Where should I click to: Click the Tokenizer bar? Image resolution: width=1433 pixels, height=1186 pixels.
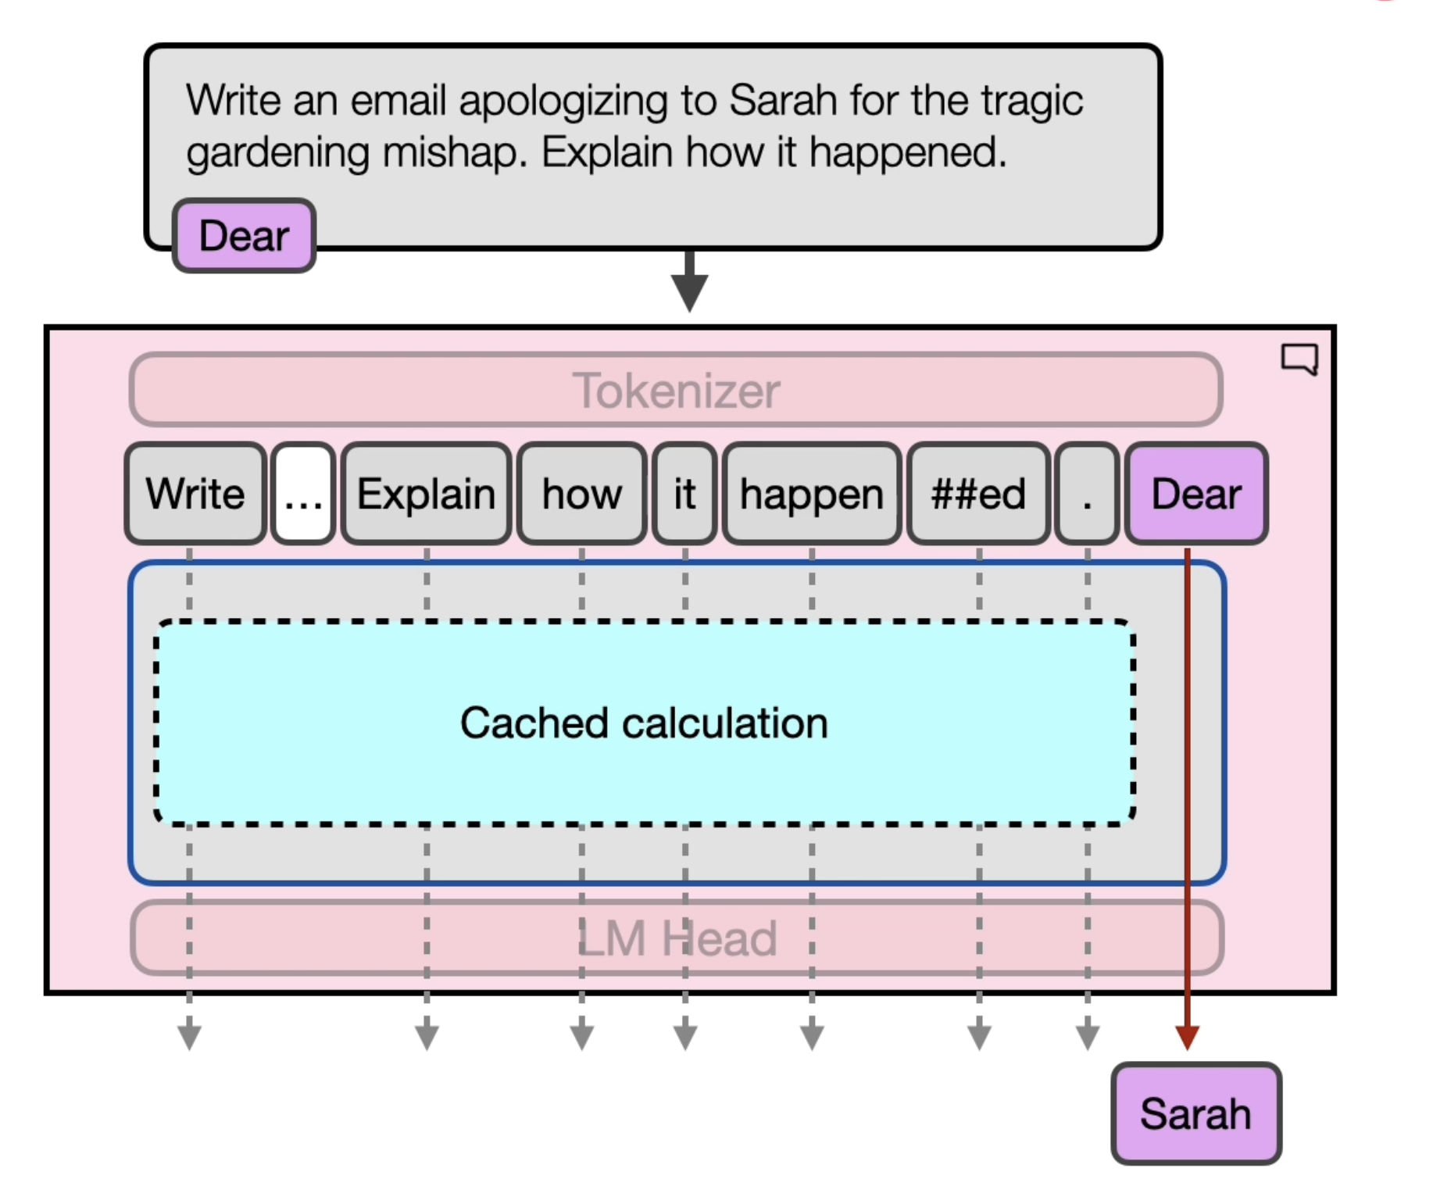[676, 389]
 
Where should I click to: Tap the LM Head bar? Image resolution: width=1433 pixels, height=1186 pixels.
[676, 938]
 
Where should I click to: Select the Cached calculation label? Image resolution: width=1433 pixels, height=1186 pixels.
[644, 723]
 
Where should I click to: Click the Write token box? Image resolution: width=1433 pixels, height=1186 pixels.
[195, 493]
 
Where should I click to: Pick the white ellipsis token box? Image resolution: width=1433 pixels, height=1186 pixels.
[303, 493]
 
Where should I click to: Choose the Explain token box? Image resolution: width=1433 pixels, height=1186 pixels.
[427, 493]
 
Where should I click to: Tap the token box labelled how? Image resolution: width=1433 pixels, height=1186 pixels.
[582, 493]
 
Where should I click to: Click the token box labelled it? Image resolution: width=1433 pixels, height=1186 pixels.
[684, 493]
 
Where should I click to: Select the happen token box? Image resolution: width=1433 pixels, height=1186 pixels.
[812, 493]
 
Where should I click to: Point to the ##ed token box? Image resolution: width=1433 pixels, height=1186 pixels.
[978, 493]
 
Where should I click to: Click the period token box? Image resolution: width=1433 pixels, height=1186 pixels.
[1087, 493]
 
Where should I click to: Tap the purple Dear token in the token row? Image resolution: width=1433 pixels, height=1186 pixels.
[1196, 493]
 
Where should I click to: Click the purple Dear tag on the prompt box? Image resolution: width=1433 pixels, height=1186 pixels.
[244, 235]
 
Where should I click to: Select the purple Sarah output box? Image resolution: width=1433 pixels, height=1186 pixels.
[1196, 1113]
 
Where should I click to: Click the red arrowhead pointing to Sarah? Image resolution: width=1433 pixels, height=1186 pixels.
[1187, 1038]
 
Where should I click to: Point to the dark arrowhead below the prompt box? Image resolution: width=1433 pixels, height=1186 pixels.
[689, 293]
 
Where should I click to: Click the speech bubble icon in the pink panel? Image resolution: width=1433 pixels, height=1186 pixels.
[1299, 359]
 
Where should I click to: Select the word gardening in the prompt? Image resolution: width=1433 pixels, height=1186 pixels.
[277, 153]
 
